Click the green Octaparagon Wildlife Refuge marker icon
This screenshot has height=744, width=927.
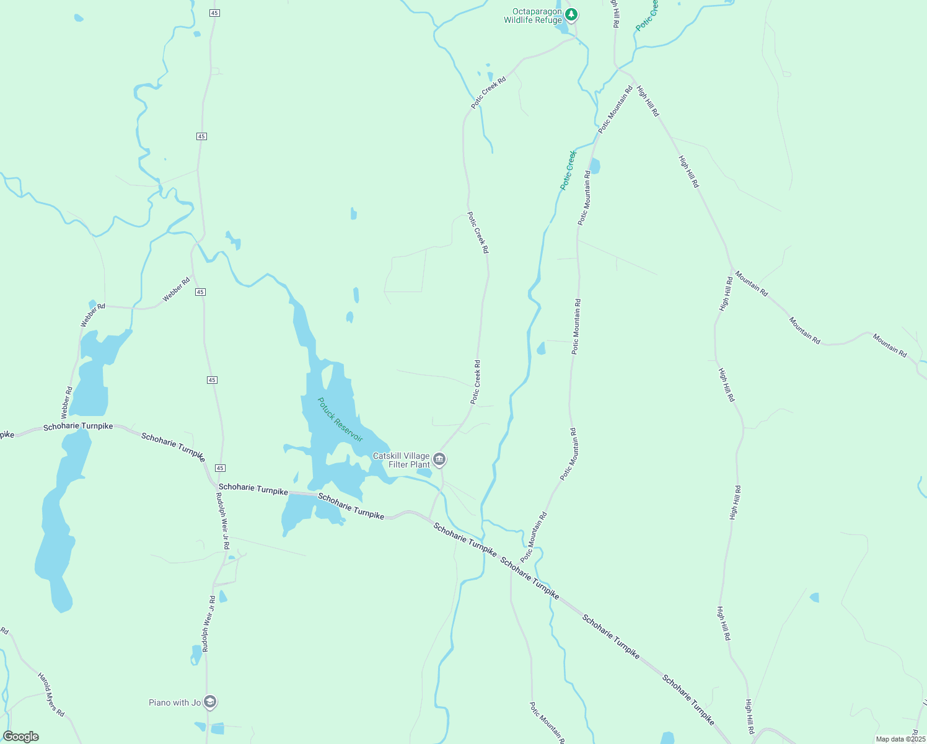pos(571,14)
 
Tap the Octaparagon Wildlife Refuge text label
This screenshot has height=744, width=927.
pos(533,16)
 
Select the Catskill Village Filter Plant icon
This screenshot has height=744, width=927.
pos(439,459)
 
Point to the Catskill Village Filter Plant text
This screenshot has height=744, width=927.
pos(402,460)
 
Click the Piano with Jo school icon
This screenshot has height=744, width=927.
pos(210,702)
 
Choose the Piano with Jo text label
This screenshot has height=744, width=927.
pos(175,702)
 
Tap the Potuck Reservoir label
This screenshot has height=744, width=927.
pos(340,420)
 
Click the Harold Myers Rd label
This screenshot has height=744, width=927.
pos(51,694)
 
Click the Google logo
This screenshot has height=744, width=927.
pos(21,737)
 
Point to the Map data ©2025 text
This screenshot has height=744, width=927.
pos(900,739)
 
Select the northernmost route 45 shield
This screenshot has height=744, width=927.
pos(214,12)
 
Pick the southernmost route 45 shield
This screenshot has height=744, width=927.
pos(221,468)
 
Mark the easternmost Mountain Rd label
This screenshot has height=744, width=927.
pos(890,345)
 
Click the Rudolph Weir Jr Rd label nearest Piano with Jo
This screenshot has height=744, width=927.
pos(208,624)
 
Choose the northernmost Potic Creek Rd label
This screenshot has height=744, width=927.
pos(488,92)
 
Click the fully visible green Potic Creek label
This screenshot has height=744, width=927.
pos(568,169)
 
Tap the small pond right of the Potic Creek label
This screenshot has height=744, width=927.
pos(595,166)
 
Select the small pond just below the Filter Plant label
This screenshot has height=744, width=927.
pos(424,473)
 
